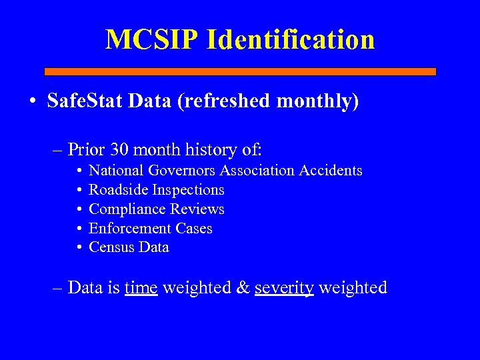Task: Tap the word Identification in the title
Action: tap(291, 39)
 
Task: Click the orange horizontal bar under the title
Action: tap(240, 71)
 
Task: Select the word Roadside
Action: tap(118, 190)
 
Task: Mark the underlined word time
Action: tap(141, 287)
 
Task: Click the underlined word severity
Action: tap(284, 287)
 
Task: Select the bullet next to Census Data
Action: tap(79, 248)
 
